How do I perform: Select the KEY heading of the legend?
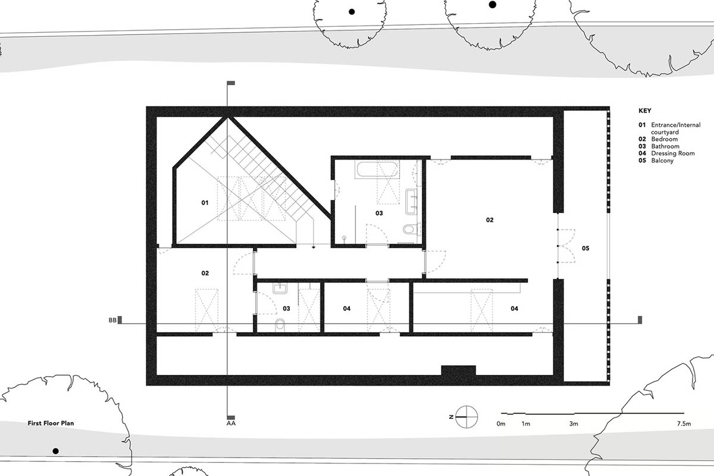coord(645,111)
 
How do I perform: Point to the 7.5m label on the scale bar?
coord(684,424)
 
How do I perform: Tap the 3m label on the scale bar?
coord(573,424)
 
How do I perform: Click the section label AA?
coord(231,424)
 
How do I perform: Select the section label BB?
coord(112,321)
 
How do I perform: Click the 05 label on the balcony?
coord(585,248)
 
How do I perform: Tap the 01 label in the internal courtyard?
coord(205,203)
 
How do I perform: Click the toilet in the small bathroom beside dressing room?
coord(280,325)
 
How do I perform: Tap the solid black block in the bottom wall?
coord(458,370)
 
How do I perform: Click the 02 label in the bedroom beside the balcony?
coord(490,220)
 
